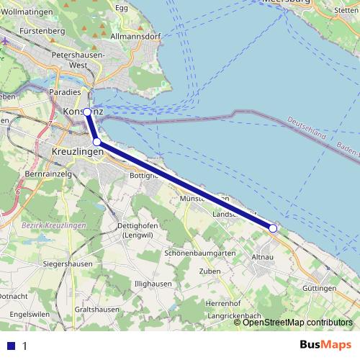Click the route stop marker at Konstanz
coord(87,112)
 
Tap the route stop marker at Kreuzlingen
coord(96,143)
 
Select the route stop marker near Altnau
coord(273,228)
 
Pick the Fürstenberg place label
coord(43,32)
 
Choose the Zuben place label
coord(210,271)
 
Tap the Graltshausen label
coord(96,310)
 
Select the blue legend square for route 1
coord(11,346)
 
